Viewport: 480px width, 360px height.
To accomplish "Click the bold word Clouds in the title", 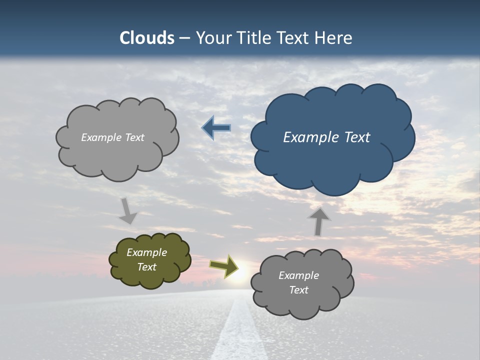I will click(x=147, y=38).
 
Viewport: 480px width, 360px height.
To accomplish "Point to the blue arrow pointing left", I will click(x=216, y=128).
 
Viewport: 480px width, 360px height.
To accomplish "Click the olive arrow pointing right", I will click(x=223, y=266).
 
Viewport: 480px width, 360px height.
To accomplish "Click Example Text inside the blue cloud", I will click(x=326, y=137).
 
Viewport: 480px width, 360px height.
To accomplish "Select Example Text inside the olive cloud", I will click(x=147, y=260).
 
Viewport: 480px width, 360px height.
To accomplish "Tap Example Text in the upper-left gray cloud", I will click(x=112, y=137).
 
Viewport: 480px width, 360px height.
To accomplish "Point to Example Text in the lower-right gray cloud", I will click(x=298, y=282).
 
